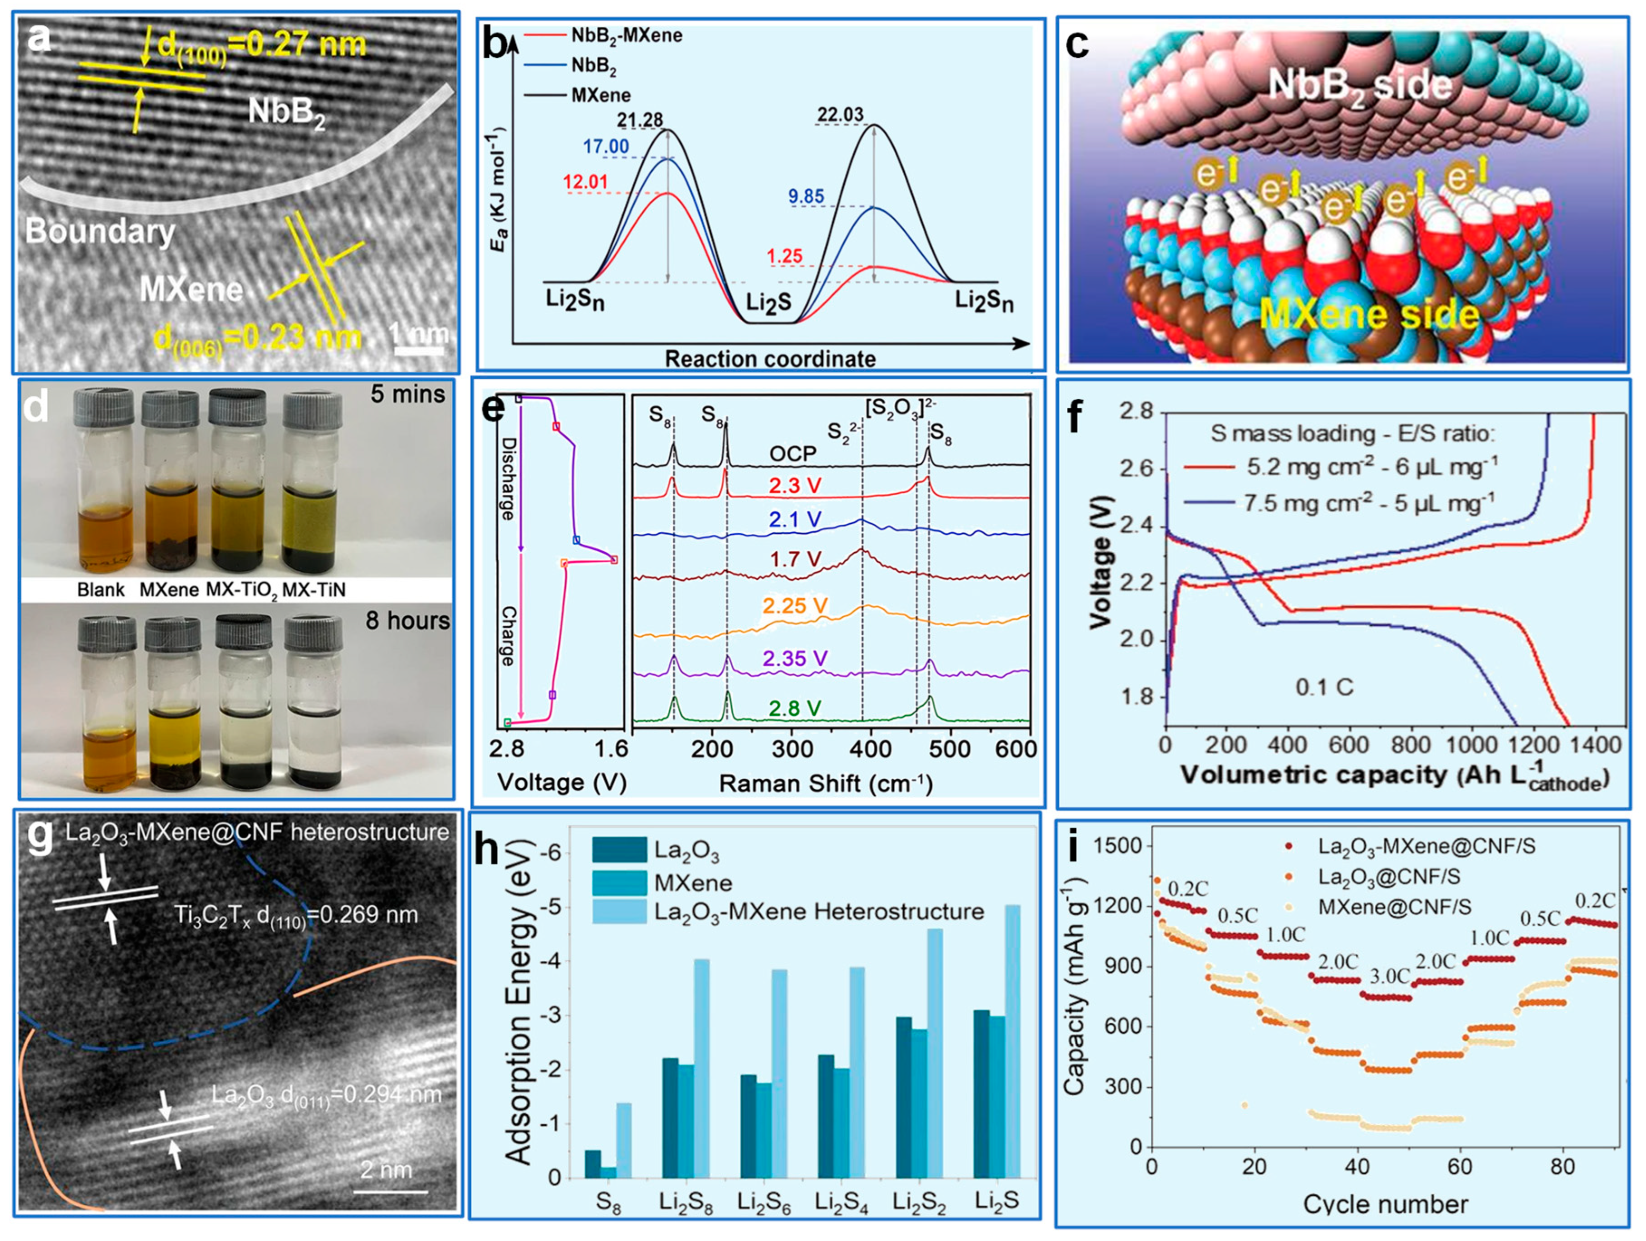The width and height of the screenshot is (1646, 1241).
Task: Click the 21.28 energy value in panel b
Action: click(x=639, y=120)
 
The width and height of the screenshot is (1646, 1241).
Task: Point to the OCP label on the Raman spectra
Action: click(x=792, y=453)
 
